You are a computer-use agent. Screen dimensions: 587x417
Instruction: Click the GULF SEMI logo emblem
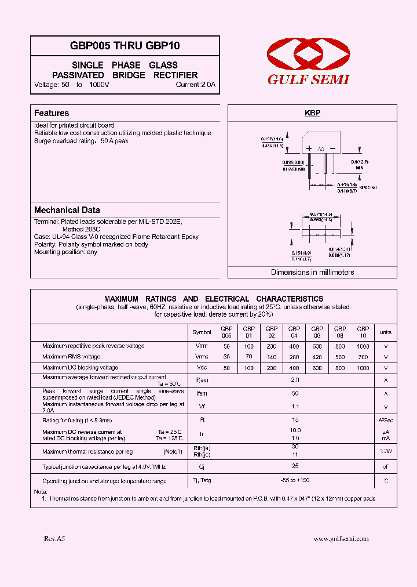click(x=308, y=55)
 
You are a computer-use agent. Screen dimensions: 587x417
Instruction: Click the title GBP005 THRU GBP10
click(x=125, y=46)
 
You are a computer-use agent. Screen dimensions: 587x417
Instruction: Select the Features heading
click(x=52, y=113)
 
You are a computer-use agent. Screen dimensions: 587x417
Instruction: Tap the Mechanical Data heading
click(x=67, y=210)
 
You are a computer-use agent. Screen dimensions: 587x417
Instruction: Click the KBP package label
click(x=313, y=114)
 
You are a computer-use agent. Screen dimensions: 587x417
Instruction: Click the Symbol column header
click(x=202, y=332)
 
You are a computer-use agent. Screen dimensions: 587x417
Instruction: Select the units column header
click(x=386, y=332)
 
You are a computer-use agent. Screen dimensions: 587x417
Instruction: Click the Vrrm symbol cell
click(x=202, y=346)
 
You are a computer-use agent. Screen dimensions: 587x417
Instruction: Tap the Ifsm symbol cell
click(x=202, y=394)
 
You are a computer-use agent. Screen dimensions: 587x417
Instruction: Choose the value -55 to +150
click(x=295, y=481)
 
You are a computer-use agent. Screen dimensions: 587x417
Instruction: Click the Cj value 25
click(x=295, y=466)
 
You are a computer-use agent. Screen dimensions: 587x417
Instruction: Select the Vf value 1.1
click(x=295, y=407)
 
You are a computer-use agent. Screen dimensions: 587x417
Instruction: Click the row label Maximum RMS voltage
click(x=71, y=357)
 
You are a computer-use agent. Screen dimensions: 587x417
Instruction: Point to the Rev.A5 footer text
click(x=54, y=539)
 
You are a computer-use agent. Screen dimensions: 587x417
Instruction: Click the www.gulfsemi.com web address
click(x=341, y=539)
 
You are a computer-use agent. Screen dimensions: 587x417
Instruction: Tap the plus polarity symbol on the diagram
click(x=309, y=148)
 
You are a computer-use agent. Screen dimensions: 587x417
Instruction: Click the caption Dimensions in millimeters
click(x=313, y=272)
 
